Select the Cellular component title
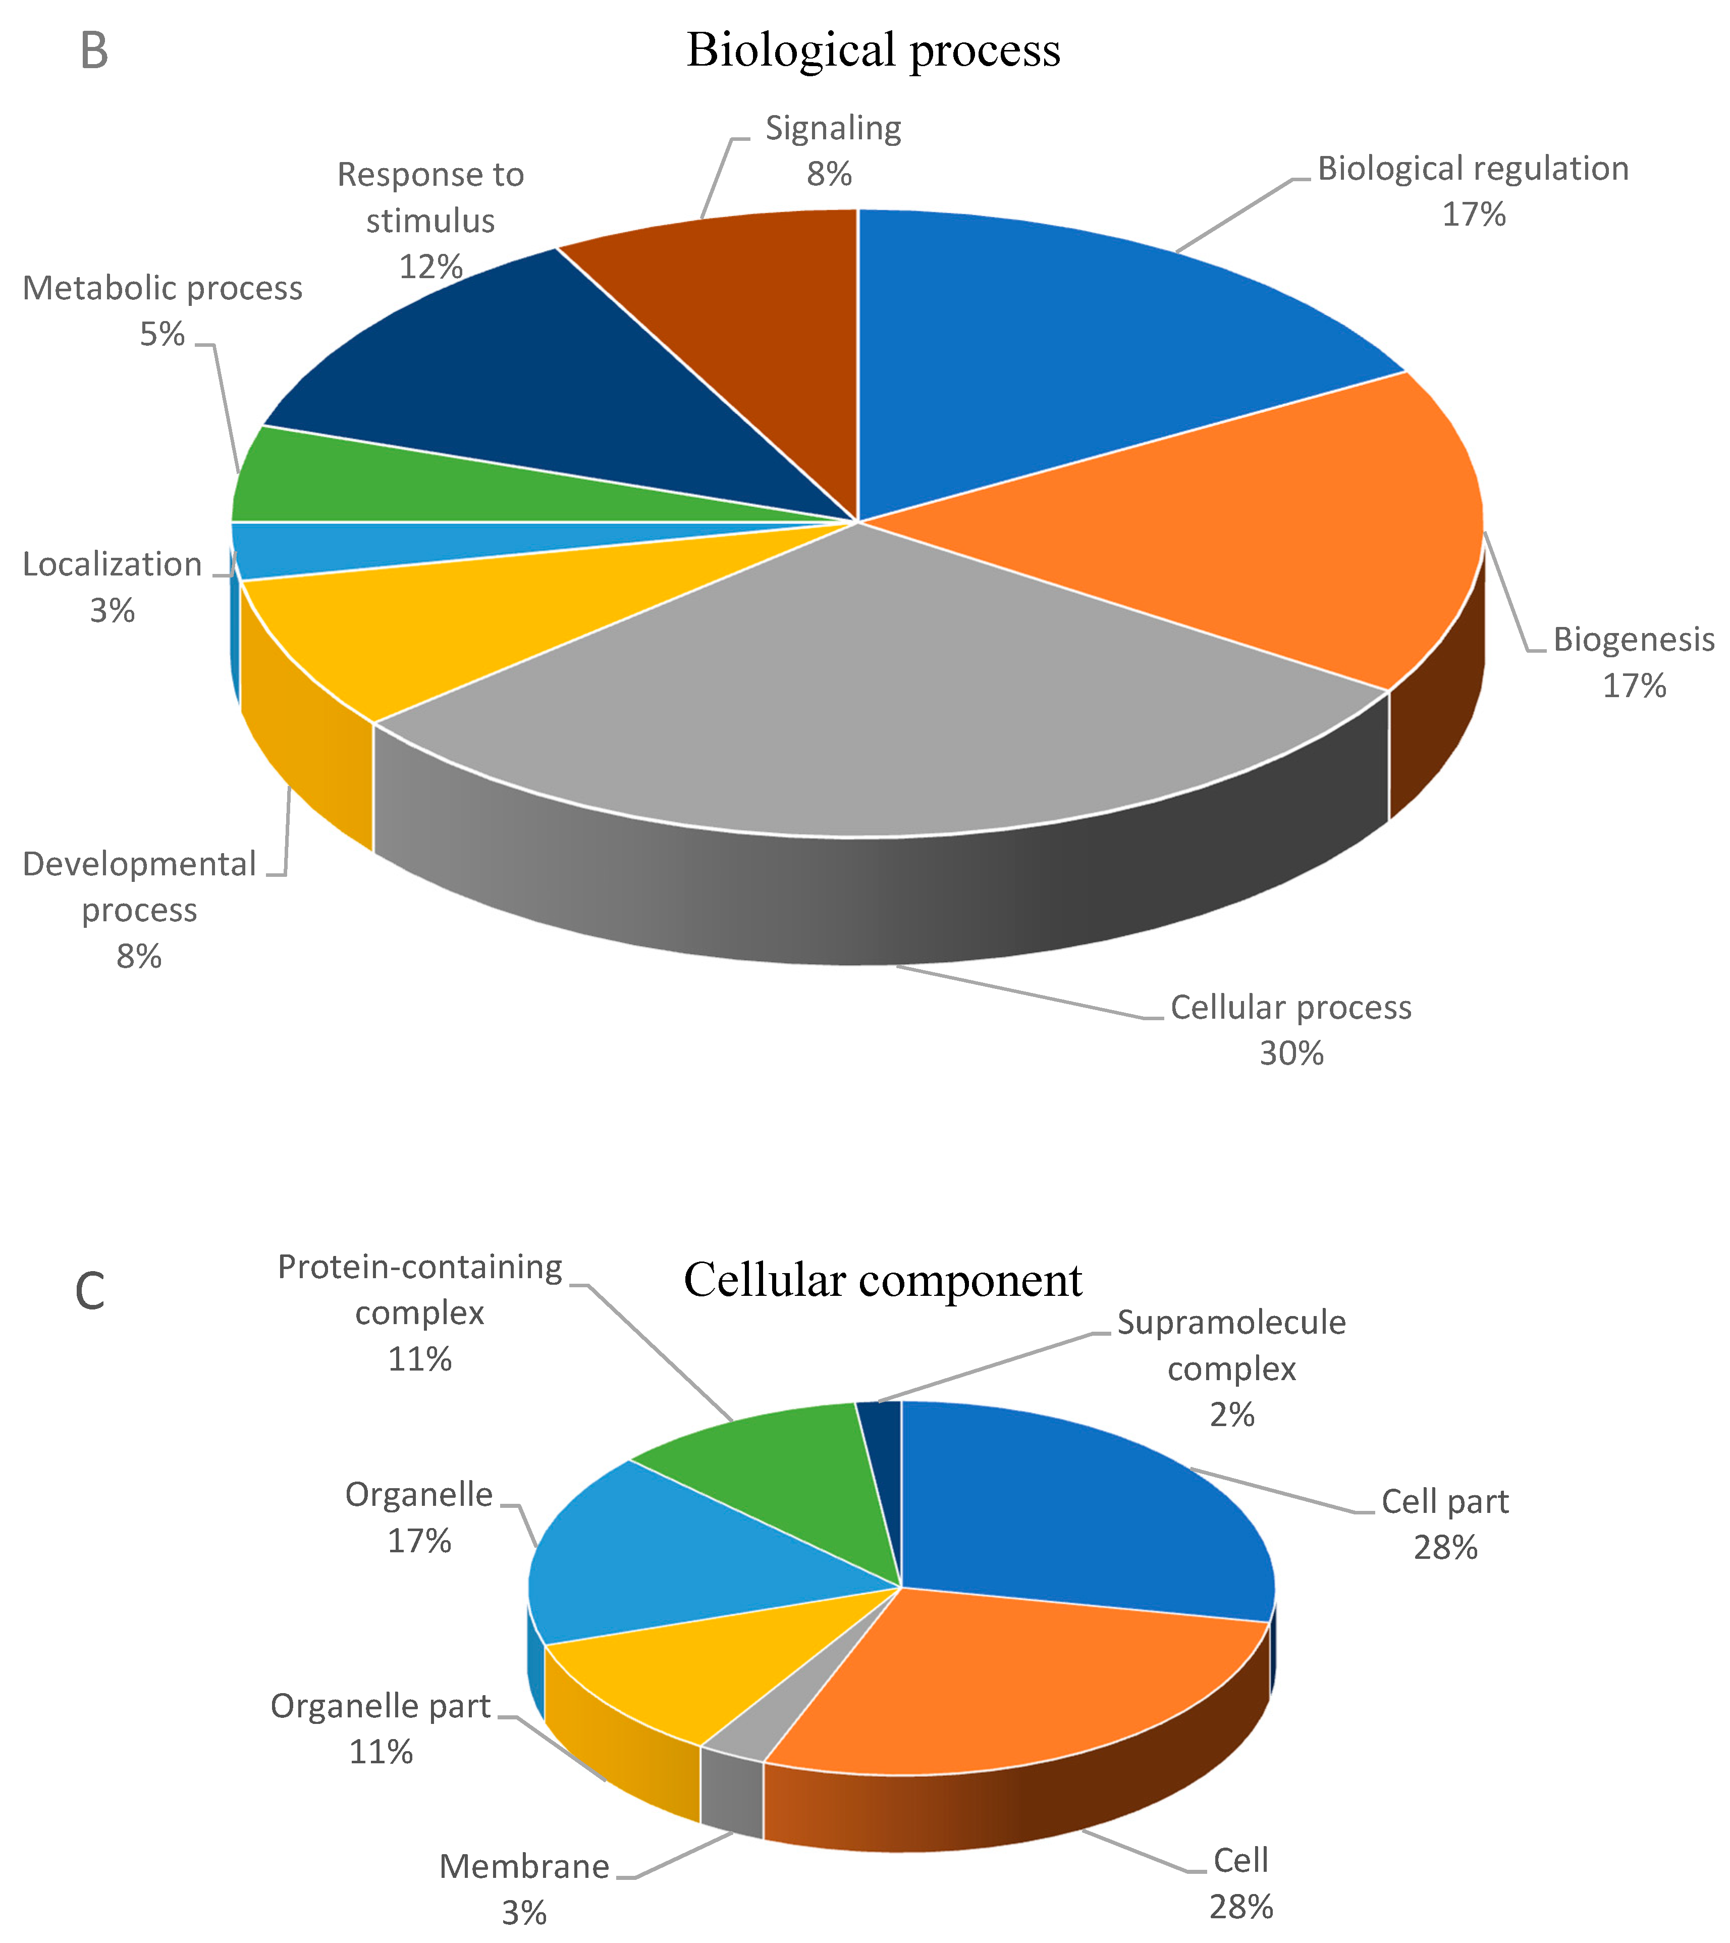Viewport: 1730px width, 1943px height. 882,1280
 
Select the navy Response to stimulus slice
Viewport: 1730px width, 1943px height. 532,371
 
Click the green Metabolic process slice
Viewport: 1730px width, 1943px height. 380,476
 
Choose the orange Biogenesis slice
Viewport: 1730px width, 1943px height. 1236,533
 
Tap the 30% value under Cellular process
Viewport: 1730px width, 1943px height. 1291,1053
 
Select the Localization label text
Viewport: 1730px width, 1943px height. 112,565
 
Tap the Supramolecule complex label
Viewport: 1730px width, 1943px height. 1231,1345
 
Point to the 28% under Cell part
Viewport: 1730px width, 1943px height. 1445,1548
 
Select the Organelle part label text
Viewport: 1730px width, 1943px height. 380,1706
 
